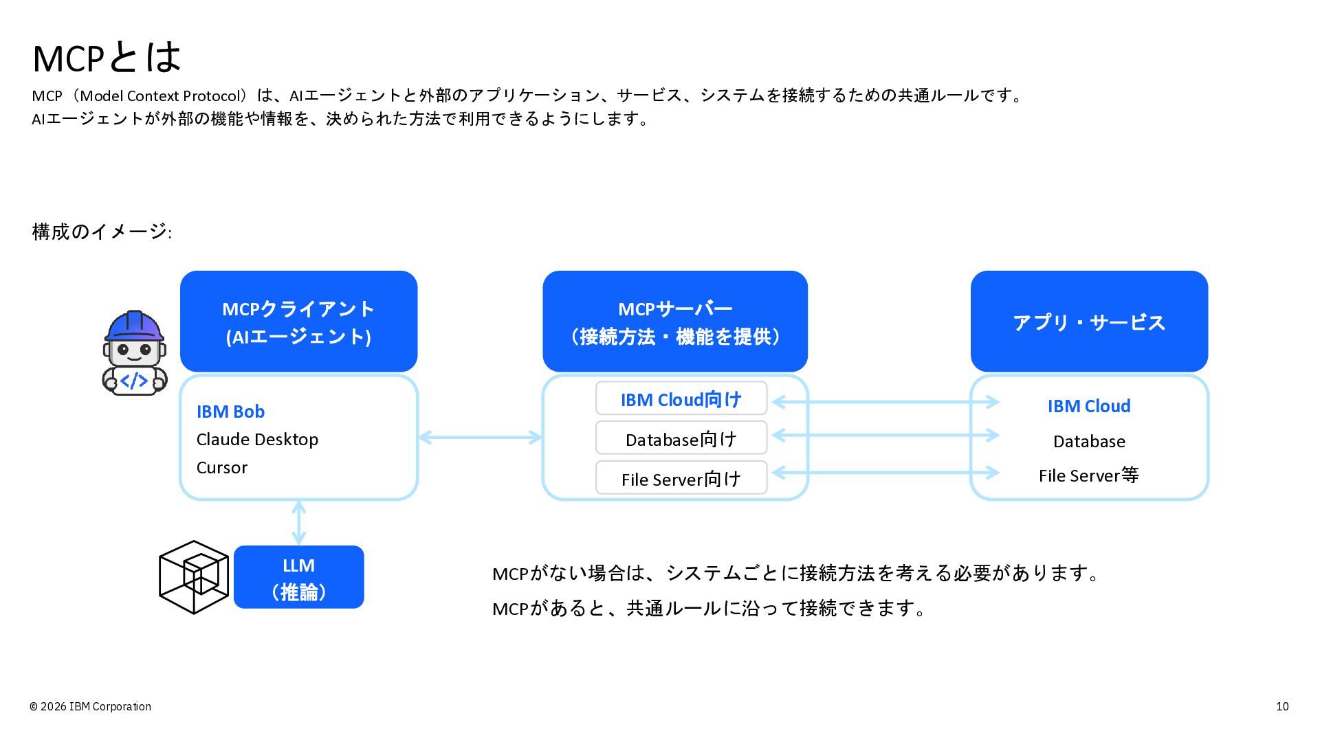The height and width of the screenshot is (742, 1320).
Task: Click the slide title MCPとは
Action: tap(107, 58)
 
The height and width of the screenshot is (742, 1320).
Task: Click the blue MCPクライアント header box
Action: tap(298, 322)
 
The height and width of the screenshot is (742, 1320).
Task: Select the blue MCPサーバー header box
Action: tap(675, 322)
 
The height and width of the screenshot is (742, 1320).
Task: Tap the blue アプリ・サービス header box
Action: tap(1089, 322)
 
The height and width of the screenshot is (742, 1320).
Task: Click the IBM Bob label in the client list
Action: tap(230, 412)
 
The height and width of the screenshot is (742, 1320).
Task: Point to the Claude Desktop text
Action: tap(257, 440)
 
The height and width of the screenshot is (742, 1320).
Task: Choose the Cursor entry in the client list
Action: tap(221, 468)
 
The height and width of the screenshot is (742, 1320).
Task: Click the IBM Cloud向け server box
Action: tap(681, 398)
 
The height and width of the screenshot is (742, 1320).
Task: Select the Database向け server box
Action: tap(681, 438)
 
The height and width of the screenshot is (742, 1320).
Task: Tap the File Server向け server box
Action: tap(681, 477)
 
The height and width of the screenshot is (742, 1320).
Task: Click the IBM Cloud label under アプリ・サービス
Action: tap(1089, 406)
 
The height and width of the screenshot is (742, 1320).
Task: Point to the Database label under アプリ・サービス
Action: tap(1089, 441)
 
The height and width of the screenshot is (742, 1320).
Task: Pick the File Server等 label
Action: tap(1089, 475)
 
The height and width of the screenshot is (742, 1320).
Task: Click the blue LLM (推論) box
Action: tap(298, 577)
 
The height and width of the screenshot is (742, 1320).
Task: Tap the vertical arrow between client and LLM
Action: tap(298, 523)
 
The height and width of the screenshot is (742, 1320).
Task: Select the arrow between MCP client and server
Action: tap(480, 437)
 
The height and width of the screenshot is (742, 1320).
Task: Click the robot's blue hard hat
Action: tap(135, 326)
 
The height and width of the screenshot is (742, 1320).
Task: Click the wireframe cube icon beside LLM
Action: tap(194, 577)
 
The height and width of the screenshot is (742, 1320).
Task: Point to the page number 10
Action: tap(1282, 706)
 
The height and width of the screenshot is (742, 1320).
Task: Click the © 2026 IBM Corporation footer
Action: tap(90, 706)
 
